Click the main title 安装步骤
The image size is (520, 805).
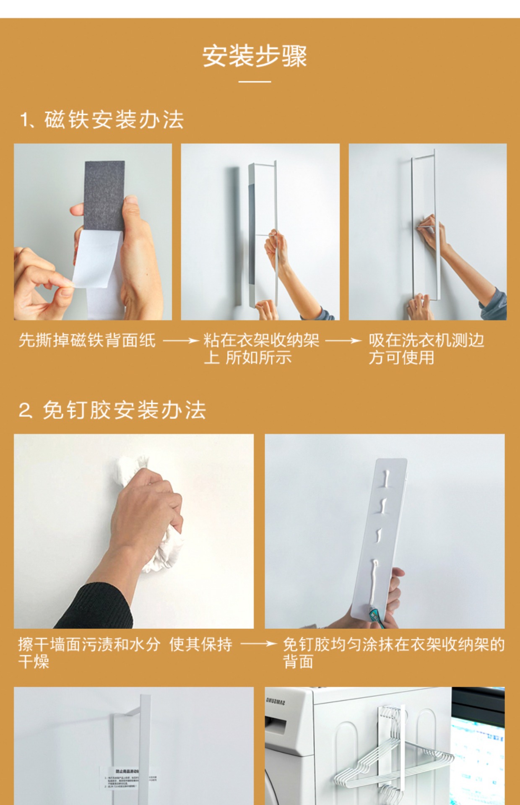tap(255, 56)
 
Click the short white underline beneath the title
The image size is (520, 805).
tap(255, 82)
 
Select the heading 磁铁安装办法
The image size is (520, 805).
tap(113, 120)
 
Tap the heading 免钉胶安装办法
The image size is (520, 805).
tap(124, 410)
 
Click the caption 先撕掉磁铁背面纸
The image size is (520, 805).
tap(87, 340)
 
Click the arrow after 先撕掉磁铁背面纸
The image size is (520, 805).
tap(180, 341)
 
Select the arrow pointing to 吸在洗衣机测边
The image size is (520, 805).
tap(343, 341)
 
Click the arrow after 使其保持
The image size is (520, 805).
tap(258, 644)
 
